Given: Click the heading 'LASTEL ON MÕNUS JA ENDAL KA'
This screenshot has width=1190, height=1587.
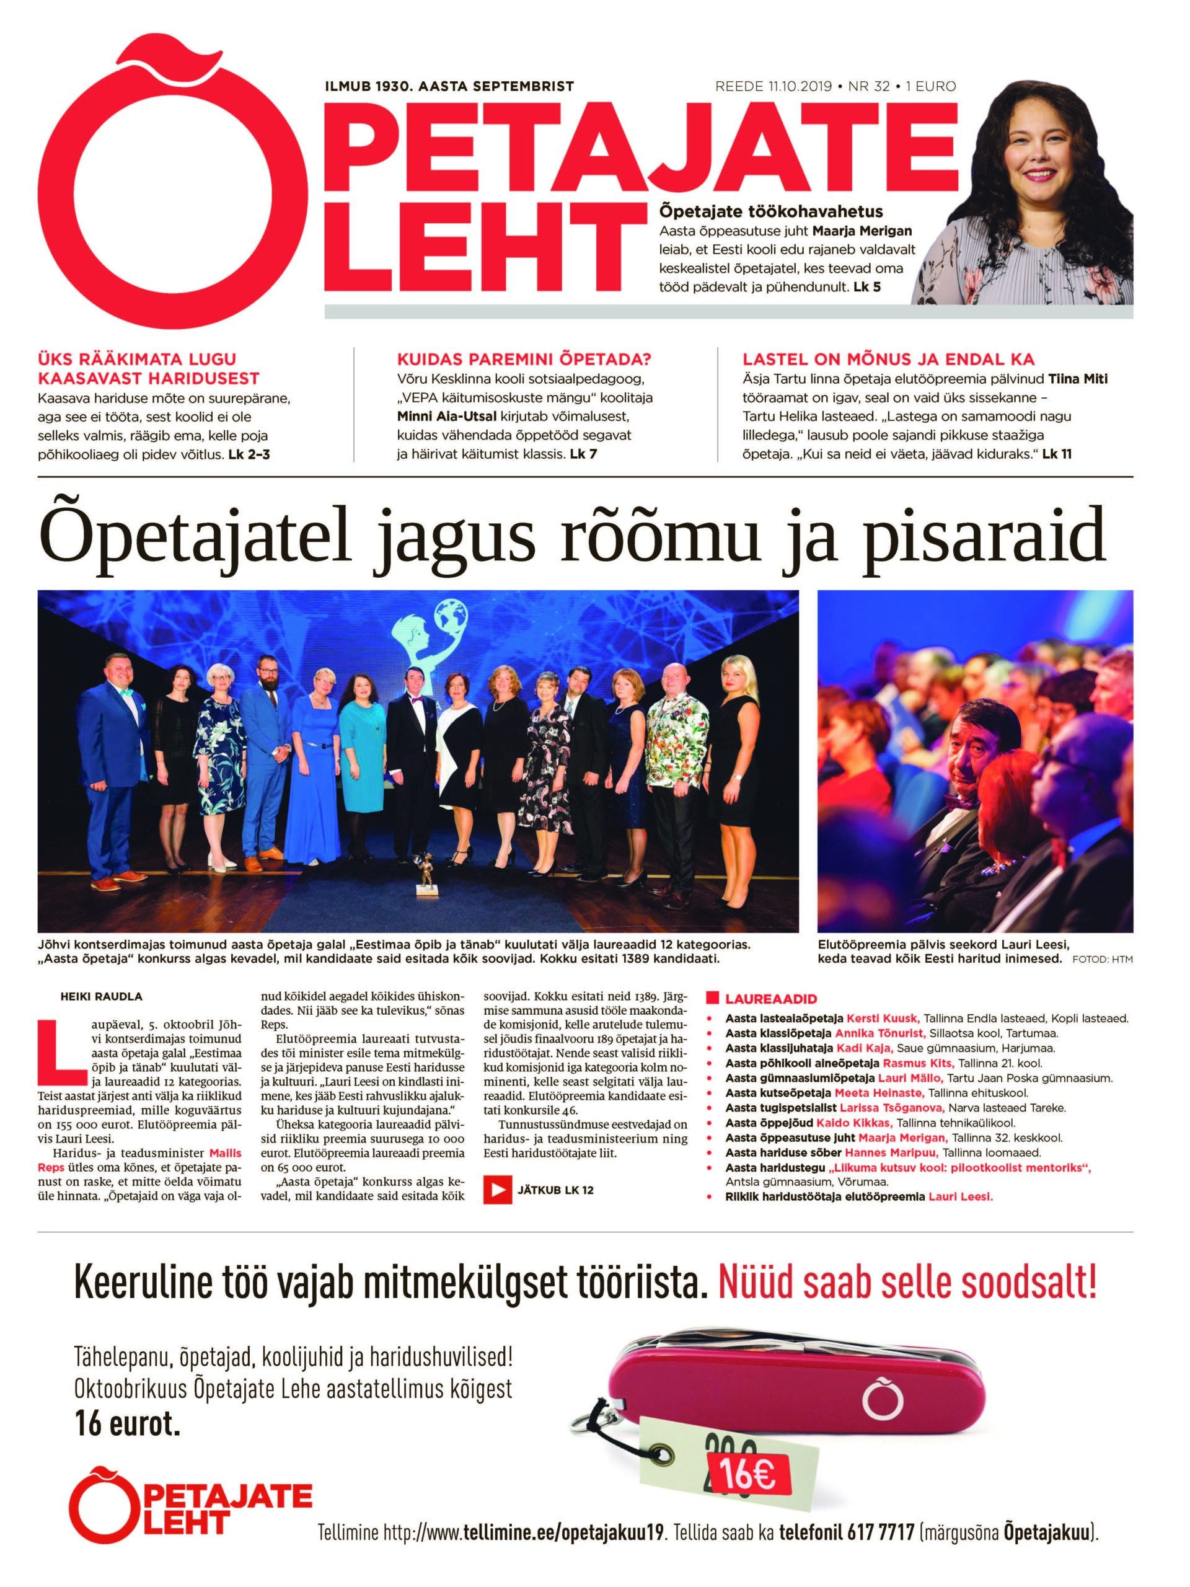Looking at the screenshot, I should click(x=889, y=360).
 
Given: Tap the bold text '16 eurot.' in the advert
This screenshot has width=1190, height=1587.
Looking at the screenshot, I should click(x=127, y=1424).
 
